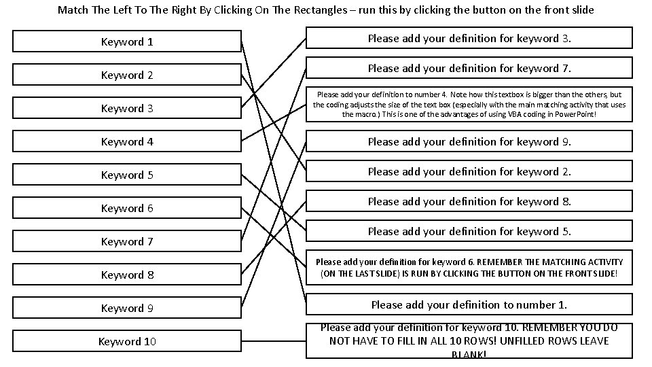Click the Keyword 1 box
[x=127, y=42]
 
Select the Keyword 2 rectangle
[x=127, y=75]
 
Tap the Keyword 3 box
[x=127, y=109]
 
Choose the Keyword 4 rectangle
[x=127, y=142]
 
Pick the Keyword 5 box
[x=127, y=175]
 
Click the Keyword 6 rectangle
[x=127, y=209]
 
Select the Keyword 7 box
[x=127, y=242]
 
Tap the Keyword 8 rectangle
[x=127, y=275]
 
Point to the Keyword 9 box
[x=127, y=309]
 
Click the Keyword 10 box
[x=127, y=342]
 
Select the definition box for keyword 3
[x=469, y=38]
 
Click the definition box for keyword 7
[x=469, y=68]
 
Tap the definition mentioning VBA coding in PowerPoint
[x=469, y=105]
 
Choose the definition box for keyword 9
[x=469, y=141]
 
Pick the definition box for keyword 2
[x=469, y=171]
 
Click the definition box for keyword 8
[x=469, y=201]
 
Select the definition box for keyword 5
[x=469, y=231]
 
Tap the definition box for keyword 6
[x=469, y=268]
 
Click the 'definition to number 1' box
[x=469, y=304]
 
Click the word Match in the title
[x=72, y=10]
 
